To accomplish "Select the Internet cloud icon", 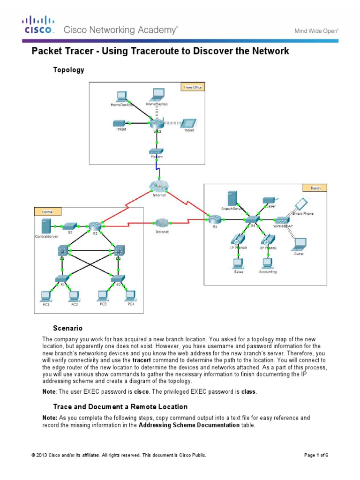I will [x=159, y=186].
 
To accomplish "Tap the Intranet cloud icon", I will [x=162, y=223].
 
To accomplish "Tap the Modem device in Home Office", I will [x=156, y=151].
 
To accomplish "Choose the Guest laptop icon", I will [x=299, y=244].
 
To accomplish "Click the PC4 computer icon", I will [x=131, y=296].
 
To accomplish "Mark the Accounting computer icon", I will [x=268, y=262].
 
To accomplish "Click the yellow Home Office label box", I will [x=192, y=87].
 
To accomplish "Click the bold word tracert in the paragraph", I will [x=141, y=360].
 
